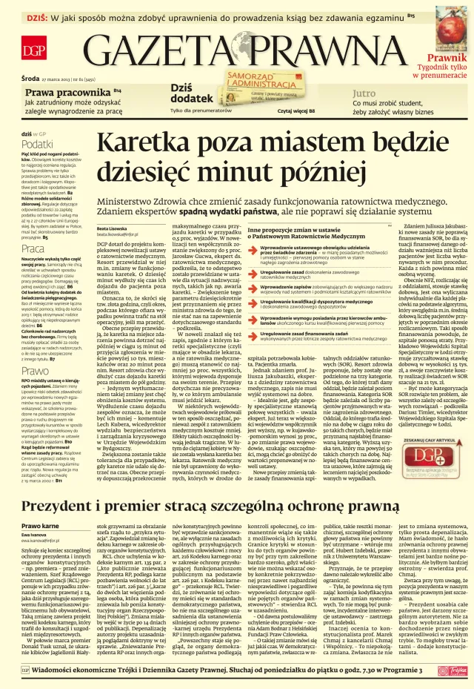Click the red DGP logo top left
32,51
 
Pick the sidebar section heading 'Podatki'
36,143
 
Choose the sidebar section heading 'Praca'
33,248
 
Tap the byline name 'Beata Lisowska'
112,228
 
